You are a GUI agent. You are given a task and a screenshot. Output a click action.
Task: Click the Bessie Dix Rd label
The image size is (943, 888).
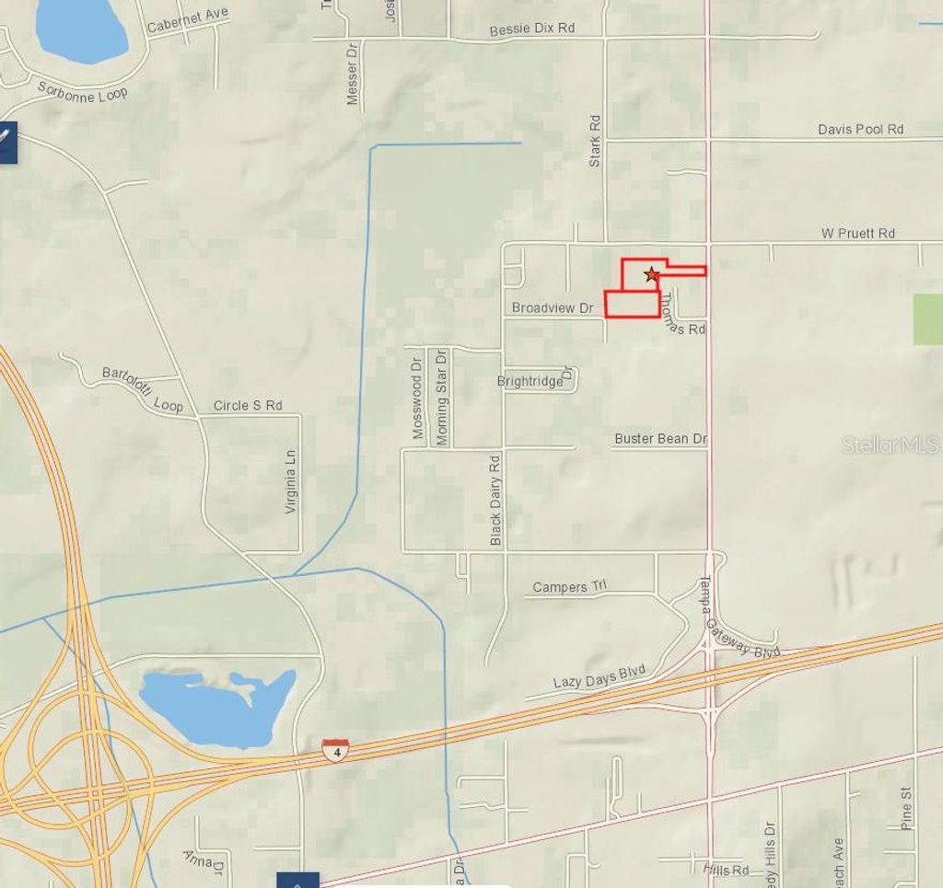[531, 29]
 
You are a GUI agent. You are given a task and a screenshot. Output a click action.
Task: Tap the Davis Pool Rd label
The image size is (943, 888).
[860, 129]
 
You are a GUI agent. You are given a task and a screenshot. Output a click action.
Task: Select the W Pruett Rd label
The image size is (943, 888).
[857, 234]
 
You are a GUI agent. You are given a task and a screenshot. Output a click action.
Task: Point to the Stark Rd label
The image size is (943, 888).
[595, 141]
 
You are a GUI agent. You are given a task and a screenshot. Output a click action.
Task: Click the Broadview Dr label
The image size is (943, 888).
[553, 307]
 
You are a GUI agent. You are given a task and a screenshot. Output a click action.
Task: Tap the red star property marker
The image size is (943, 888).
[652, 274]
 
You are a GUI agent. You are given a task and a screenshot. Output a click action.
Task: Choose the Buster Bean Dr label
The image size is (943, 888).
[660, 439]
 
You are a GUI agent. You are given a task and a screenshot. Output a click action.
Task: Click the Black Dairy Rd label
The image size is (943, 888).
[495, 500]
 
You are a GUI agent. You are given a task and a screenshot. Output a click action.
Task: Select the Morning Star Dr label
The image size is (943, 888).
[442, 397]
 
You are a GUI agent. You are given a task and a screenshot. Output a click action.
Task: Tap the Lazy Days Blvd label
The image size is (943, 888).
[599, 676]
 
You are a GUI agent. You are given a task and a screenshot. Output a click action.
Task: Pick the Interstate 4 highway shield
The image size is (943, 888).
[335, 748]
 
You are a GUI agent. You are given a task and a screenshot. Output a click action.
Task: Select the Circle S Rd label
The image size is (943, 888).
[248, 405]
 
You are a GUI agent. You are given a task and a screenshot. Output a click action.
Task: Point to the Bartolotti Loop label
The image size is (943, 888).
[143, 389]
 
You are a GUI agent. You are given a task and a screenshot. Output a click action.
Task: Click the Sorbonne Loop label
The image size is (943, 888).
[83, 92]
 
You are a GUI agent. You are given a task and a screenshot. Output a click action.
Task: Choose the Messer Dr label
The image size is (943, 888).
[353, 78]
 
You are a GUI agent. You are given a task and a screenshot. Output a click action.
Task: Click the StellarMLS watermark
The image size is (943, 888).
[891, 445]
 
